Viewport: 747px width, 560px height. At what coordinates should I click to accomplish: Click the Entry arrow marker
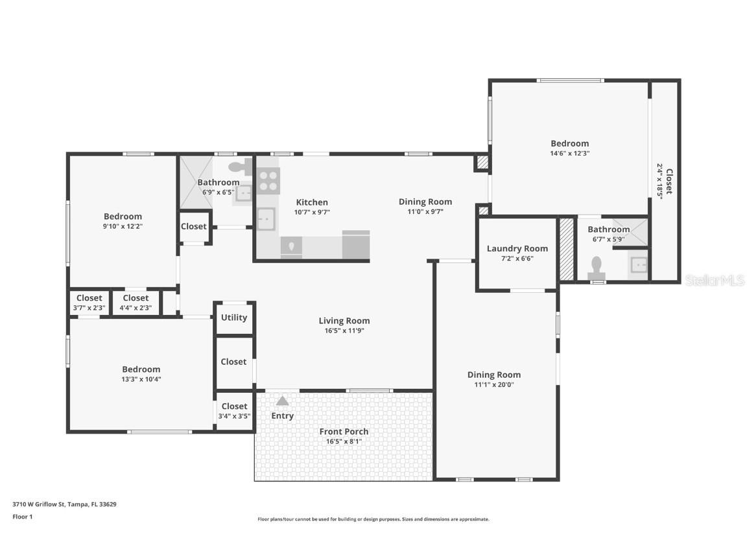pyautogui.click(x=282, y=401)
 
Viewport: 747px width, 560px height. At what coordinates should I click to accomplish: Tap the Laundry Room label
pyautogui.click(x=517, y=248)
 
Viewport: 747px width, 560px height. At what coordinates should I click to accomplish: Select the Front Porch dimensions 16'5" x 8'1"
pyautogui.click(x=344, y=441)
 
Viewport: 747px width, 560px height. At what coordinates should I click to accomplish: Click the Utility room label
pyautogui.click(x=233, y=318)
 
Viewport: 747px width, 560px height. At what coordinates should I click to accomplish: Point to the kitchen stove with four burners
pyautogui.click(x=268, y=181)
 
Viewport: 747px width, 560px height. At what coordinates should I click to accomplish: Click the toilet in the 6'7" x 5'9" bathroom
pyautogui.click(x=596, y=267)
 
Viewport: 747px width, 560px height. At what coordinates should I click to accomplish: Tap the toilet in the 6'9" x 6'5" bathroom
pyautogui.click(x=238, y=167)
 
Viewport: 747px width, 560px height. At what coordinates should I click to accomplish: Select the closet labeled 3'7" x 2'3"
pyautogui.click(x=89, y=303)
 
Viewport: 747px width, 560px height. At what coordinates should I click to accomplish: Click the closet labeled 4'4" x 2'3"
pyautogui.click(x=136, y=303)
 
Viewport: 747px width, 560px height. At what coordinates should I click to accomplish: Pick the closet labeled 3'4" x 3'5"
pyautogui.click(x=234, y=411)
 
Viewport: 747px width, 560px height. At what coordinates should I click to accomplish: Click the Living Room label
pyautogui.click(x=344, y=320)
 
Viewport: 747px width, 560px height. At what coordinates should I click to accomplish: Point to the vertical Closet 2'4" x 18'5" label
pyautogui.click(x=665, y=181)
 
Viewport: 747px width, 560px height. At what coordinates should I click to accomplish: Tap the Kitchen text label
pyautogui.click(x=312, y=202)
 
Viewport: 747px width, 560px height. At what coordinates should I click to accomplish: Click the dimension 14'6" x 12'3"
pyautogui.click(x=569, y=154)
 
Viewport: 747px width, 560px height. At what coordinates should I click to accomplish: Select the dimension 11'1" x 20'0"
pyautogui.click(x=493, y=384)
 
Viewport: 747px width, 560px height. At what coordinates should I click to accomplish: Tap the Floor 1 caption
pyautogui.click(x=22, y=517)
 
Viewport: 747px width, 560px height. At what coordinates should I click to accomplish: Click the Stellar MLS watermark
pyautogui.click(x=715, y=280)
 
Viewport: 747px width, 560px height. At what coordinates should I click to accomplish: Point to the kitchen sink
pyautogui.click(x=265, y=220)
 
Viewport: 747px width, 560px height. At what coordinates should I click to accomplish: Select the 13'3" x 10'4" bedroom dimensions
pyautogui.click(x=141, y=379)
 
